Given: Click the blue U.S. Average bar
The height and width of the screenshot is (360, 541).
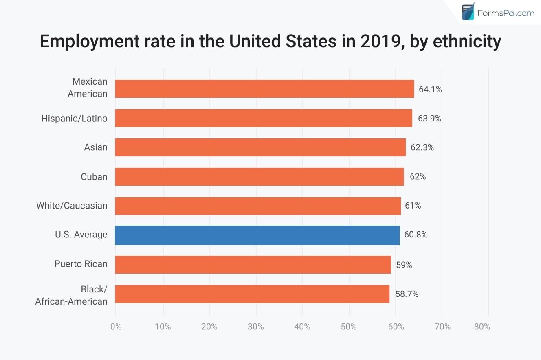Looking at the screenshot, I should click(x=257, y=235).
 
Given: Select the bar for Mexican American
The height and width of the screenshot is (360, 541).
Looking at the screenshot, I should click(x=264, y=89).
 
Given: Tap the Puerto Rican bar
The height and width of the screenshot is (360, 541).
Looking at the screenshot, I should click(x=253, y=264).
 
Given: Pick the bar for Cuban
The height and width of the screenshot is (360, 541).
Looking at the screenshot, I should click(x=259, y=176).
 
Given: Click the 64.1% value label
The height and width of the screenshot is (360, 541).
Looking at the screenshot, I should click(x=430, y=89).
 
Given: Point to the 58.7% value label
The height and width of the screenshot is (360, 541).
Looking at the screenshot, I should click(x=407, y=294).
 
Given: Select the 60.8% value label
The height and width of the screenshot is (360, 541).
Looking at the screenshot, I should click(x=416, y=235).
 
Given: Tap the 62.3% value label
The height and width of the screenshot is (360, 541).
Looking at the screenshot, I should click(x=422, y=147).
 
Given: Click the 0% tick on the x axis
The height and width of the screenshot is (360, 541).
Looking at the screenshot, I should click(x=116, y=327).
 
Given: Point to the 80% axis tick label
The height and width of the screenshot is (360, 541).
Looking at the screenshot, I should click(x=482, y=327).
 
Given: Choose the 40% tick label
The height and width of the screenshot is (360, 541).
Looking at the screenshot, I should click(x=302, y=327).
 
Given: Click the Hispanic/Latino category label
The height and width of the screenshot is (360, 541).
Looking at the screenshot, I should click(x=74, y=119).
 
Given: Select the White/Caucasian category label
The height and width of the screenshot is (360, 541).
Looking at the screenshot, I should click(x=72, y=206).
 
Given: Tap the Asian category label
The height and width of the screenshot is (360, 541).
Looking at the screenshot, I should click(x=96, y=147).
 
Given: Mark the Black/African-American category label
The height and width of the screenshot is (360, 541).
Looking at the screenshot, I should click(x=72, y=295).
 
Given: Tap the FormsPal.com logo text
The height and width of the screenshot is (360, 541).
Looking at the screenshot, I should click(x=506, y=13).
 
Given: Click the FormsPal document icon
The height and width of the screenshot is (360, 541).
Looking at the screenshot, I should click(x=468, y=11).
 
